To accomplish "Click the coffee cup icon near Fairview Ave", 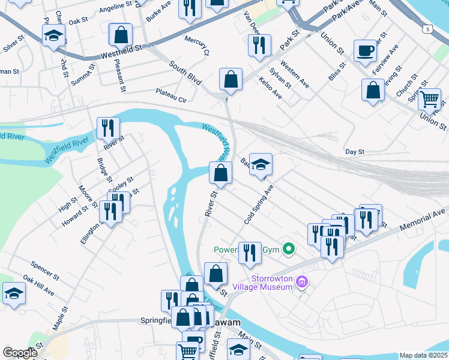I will [x=364, y=50].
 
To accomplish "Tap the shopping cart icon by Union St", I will [x=430, y=98].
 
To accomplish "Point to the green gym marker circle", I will [x=289, y=248].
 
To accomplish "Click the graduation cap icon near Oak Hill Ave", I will [x=13, y=293].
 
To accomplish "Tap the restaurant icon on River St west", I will [x=108, y=128].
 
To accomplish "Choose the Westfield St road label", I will [x=122, y=48].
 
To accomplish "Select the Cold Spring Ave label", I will [x=259, y=205].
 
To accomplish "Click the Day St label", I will [x=355, y=152].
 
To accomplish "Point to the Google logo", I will [x=20, y=353].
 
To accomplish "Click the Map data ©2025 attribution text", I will [x=423, y=355].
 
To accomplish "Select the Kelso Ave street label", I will [x=270, y=87].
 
